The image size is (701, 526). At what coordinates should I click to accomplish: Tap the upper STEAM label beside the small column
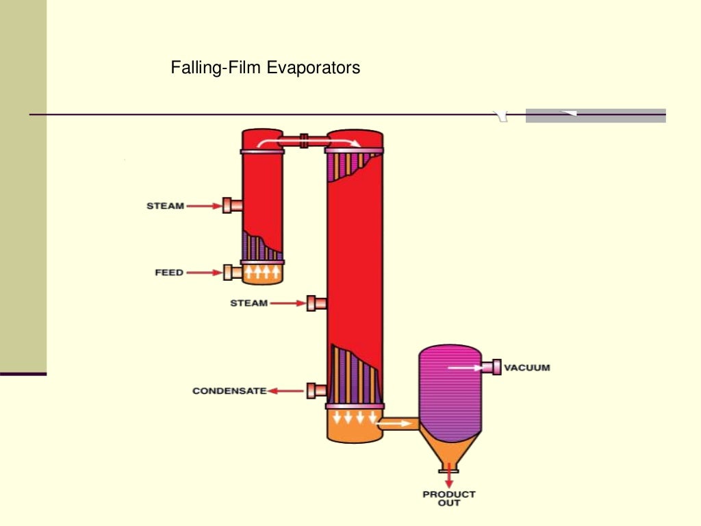(x=165, y=205)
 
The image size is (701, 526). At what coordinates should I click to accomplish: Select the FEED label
(x=169, y=273)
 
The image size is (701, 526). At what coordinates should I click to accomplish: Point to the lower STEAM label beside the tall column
(x=248, y=303)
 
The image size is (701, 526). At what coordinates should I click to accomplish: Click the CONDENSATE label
(x=229, y=391)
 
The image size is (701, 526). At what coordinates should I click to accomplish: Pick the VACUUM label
(x=526, y=368)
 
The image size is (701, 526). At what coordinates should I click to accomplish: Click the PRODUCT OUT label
(x=449, y=498)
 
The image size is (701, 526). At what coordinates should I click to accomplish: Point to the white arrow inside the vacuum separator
(x=463, y=368)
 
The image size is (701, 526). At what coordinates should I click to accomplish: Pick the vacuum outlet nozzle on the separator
(x=491, y=368)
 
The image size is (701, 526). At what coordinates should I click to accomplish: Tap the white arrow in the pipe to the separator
(x=392, y=424)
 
